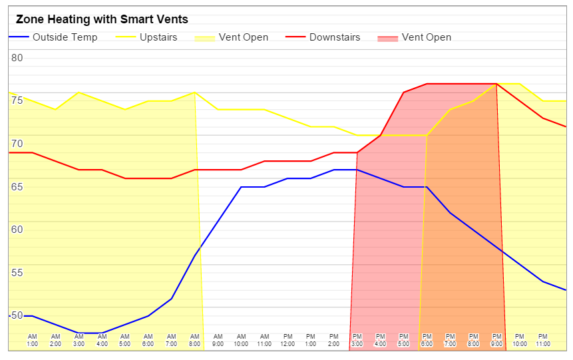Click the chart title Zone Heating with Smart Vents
102,20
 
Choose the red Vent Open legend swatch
389,38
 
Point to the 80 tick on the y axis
17,58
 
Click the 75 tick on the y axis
17,100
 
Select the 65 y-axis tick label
17,187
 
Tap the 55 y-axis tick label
17,273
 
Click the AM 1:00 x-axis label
33,341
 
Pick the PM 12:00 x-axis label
287,341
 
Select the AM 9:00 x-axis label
218,341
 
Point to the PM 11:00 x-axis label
542,341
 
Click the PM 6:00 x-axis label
427,341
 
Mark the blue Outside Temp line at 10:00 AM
241,187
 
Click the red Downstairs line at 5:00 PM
403,92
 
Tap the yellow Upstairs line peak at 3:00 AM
79,92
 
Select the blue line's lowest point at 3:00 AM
79,333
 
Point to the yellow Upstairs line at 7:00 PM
450,110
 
